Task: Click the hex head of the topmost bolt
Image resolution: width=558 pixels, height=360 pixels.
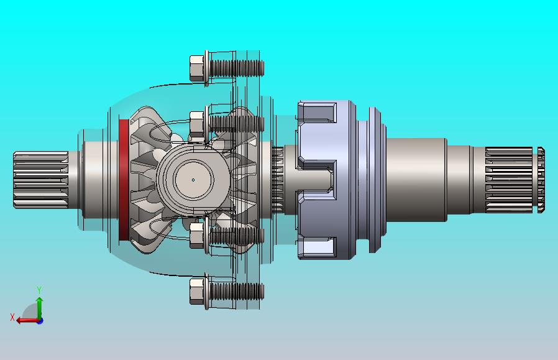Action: pyautogui.click(x=197, y=68)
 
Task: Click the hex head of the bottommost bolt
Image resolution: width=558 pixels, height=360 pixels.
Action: pyautogui.click(x=197, y=292)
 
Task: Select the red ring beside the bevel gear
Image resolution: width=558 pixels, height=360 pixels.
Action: pyautogui.click(x=124, y=180)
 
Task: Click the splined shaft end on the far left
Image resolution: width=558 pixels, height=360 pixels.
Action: pyautogui.click(x=41, y=180)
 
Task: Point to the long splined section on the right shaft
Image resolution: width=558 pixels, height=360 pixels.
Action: pyautogui.click(x=509, y=180)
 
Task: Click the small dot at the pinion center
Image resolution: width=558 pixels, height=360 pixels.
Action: pyautogui.click(x=193, y=180)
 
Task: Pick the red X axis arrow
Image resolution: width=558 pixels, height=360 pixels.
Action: pyautogui.click(x=28, y=320)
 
